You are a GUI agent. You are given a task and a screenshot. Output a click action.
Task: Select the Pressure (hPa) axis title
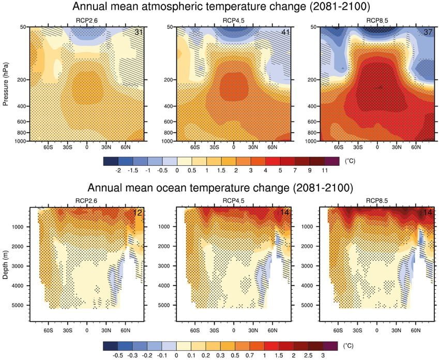(x=6, y=83)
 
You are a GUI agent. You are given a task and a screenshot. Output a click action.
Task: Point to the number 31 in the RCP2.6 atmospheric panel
(x=138, y=33)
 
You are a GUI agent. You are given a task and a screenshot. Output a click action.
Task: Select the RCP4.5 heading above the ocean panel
(x=234, y=200)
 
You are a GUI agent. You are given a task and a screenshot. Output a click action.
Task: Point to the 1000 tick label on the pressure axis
(x=21, y=141)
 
